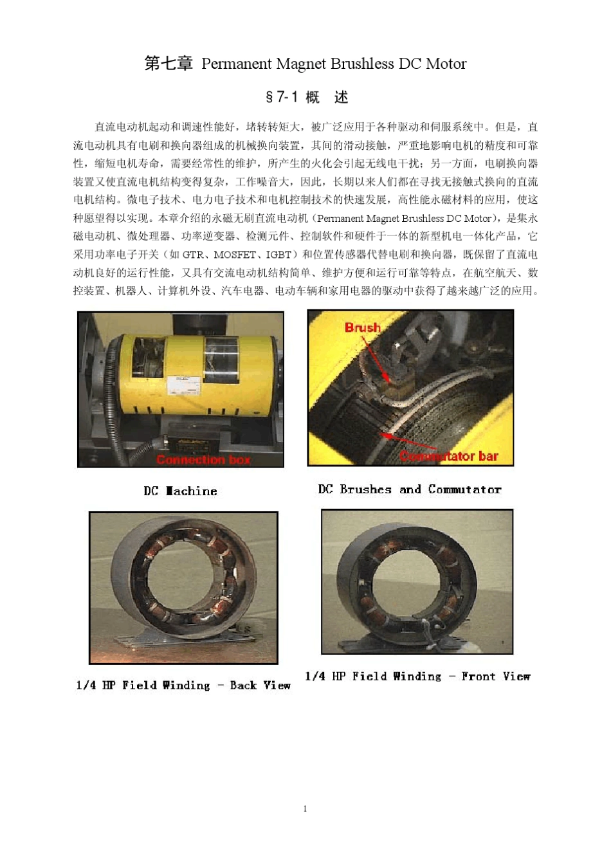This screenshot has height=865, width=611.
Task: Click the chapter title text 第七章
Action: pos(169,64)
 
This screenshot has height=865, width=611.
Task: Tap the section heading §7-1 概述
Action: pos(306,97)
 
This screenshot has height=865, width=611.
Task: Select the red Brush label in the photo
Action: pos(362,327)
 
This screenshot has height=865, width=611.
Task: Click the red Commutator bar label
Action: pos(449,456)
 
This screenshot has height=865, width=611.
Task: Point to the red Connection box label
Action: pos(203,459)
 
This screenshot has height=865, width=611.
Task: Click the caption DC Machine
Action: pos(180,491)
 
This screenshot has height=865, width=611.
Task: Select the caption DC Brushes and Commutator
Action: pos(410,489)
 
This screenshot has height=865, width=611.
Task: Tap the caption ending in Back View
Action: pos(183,685)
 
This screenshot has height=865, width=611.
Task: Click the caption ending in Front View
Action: pos(417,676)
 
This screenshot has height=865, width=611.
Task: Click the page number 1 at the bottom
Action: pos(305,808)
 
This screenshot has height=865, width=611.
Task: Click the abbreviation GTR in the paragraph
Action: pos(193,255)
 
